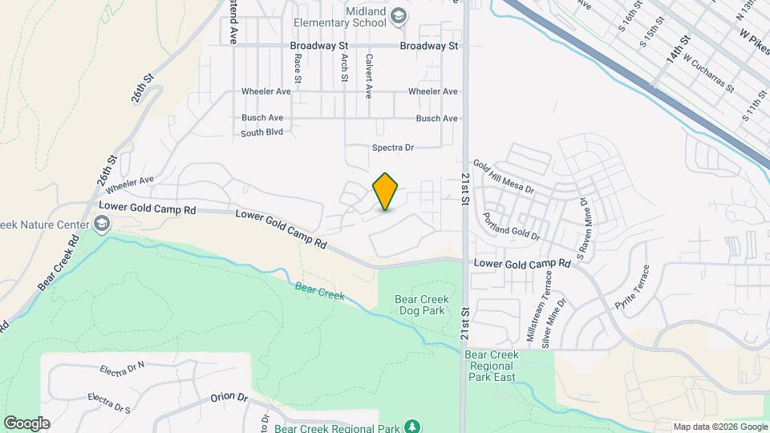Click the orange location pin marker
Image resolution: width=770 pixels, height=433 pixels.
[x=386, y=192]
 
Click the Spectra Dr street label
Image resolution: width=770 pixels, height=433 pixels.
[x=392, y=148]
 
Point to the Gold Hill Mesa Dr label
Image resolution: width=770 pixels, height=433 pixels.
[x=503, y=176]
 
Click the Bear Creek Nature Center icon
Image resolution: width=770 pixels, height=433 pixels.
[x=101, y=224]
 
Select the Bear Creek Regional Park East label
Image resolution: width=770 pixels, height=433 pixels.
[x=491, y=366]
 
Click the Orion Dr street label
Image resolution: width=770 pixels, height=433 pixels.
[x=229, y=397]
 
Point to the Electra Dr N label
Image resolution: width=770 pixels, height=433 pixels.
[x=122, y=370]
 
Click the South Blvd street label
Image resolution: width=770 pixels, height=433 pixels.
[x=262, y=132]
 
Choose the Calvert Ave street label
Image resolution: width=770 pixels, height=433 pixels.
[x=368, y=76]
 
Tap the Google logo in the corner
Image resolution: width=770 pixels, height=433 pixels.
[x=26, y=423]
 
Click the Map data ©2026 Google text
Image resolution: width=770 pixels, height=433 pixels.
[x=719, y=427]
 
